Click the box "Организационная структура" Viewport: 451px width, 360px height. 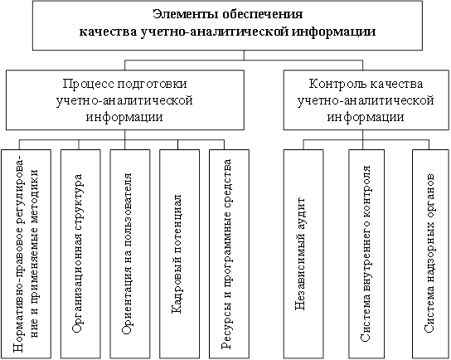pyautogui.click(x=80, y=254)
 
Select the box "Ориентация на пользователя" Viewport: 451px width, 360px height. pyautogui.click(x=130, y=254)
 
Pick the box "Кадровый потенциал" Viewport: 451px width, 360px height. pyautogui.click(x=179, y=254)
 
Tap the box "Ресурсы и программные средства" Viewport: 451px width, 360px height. pyautogui.click(x=229, y=254)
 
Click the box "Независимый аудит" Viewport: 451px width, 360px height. pyautogui.click(x=303, y=254)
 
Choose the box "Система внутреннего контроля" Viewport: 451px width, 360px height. pyautogui.click(x=366, y=254)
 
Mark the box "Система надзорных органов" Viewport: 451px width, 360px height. pyautogui.click(x=430, y=254)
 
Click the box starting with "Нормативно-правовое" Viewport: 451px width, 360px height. pyautogui.click(x=27, y=254)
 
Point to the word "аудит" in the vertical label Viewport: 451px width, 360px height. pyautogui.click(x=300, y=214)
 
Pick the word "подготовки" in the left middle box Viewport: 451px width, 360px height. pyautogui.click(x=153, y=84)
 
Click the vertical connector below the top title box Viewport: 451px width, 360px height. pyautogui.click(x=244, y=56)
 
